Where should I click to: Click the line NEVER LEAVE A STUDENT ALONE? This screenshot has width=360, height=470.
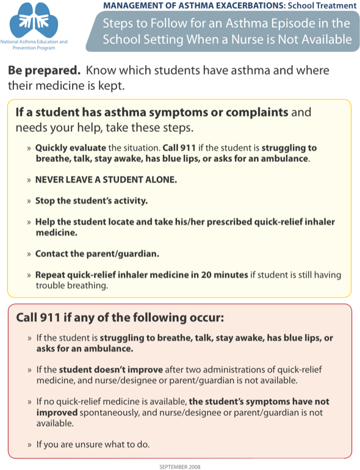(106, 179)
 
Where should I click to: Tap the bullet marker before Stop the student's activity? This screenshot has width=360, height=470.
(29, 201)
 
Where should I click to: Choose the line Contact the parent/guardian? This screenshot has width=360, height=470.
(97, 254)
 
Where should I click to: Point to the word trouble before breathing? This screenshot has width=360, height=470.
(50, 285)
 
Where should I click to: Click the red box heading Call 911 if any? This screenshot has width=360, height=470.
(120, 317)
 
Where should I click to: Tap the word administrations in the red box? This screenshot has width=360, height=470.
(233, 369)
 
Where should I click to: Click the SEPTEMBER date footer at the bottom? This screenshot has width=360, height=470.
(179, 466)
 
